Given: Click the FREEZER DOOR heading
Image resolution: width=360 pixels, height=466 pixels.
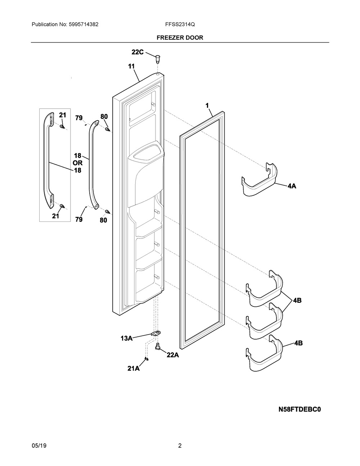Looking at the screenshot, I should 180,37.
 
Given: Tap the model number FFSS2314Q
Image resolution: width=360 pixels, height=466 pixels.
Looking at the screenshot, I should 180,24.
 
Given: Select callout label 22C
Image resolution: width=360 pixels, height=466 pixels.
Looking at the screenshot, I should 137,52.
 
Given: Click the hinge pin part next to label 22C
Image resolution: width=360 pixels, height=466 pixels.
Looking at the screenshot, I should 158,58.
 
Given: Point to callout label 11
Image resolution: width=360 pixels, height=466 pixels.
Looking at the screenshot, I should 131,66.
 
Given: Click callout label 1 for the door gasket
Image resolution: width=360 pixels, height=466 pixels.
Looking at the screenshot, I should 207,106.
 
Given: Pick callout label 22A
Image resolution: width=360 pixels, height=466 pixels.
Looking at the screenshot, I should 172,355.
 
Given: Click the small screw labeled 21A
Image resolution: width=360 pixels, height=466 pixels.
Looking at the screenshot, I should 146,358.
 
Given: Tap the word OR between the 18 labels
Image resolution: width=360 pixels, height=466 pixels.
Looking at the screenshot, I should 77,163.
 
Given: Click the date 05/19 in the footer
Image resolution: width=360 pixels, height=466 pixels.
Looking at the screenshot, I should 39,446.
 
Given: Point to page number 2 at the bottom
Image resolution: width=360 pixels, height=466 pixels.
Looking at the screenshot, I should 180,446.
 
